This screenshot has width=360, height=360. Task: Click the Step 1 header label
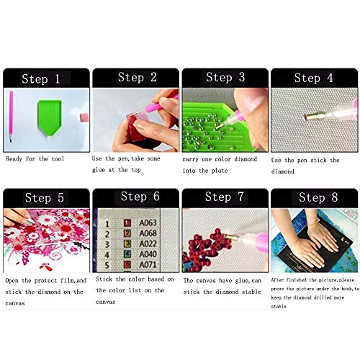46,78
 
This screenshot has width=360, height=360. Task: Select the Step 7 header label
224,197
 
